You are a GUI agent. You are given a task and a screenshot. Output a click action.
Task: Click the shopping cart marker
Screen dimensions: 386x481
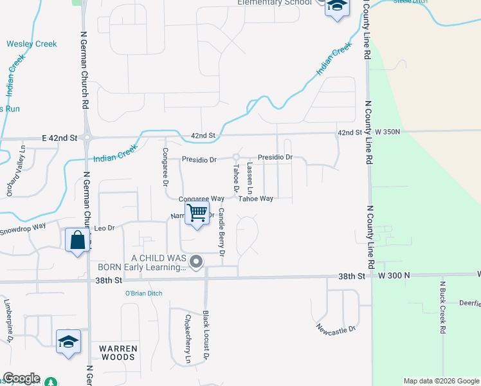(197, 213)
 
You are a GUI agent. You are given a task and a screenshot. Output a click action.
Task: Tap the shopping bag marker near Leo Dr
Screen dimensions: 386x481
(77, 241)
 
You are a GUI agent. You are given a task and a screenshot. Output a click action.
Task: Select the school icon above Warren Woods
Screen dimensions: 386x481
(68, 342)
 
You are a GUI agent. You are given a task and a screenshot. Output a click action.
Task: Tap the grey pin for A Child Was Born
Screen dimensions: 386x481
(196, 262)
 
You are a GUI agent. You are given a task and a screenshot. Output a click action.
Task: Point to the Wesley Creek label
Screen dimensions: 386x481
(32, 44)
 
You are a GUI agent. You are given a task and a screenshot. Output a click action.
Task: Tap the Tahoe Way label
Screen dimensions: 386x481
(257, 199)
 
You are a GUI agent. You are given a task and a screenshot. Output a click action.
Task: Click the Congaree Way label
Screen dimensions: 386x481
(201, 199)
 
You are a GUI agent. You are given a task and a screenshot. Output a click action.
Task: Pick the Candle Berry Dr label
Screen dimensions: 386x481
(221, 232)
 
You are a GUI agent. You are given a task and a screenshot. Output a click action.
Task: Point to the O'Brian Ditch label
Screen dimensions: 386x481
(143, 293)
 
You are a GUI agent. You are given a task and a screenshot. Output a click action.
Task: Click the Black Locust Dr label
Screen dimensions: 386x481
(206, 335)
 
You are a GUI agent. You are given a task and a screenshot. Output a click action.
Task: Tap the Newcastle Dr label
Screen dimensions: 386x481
(336, 329)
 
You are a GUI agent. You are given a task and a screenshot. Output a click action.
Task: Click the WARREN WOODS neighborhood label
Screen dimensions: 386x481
(118, 352)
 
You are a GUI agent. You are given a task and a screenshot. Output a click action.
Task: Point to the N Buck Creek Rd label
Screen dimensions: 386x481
(442, 308)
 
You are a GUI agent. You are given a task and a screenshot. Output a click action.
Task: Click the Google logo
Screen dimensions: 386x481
(21, 378)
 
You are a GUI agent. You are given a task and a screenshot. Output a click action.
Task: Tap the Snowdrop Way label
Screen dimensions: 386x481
(23, 226)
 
